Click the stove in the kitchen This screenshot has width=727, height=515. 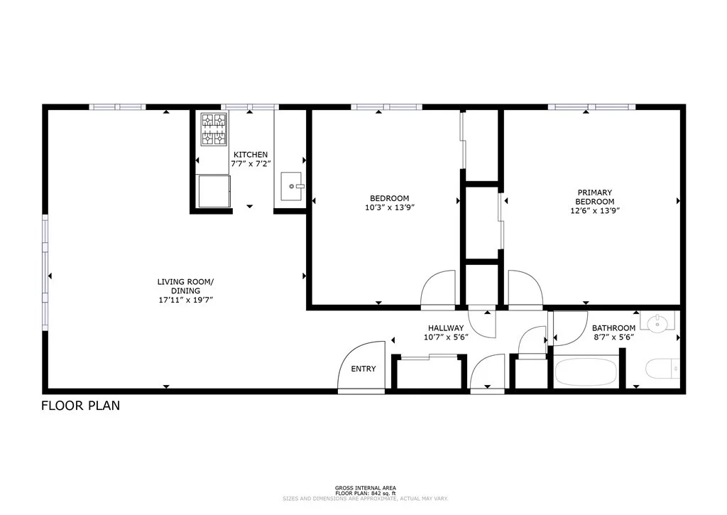pyautogui.click(x=214, y=129)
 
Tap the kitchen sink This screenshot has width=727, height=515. pyautogui.click(x=292, y=186)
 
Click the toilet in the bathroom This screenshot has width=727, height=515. pyautogui.click(x=662, y=369)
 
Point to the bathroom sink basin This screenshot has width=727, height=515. pyautogui.click(x=657, y=323)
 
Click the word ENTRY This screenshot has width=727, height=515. pyautogui.click(x=363, y=369)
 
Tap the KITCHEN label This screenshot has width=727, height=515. pyautogui.click(x=251, y=155)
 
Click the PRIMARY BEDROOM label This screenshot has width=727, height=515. pyautogui.click(x=594, y=197)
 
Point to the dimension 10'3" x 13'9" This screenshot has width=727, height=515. pyautogui.click(x=389, y=208)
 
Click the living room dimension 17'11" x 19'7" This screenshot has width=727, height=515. pyautogui.click(x=185, y=300)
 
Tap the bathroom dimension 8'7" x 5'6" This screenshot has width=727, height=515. pyautogui.click(x=613, y=337)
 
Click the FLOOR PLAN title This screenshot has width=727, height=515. pyautogui.click(x=80, y=406)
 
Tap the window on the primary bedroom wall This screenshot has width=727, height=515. pyautogui.click(x=591, y=107)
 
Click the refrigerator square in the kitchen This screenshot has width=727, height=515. pyautogui.click(x=214, y=191)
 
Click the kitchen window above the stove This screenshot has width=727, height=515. pyautogui.click(x=249, y=107)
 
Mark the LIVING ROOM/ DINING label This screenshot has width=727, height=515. pyautogui.click(x=185, y=286)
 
